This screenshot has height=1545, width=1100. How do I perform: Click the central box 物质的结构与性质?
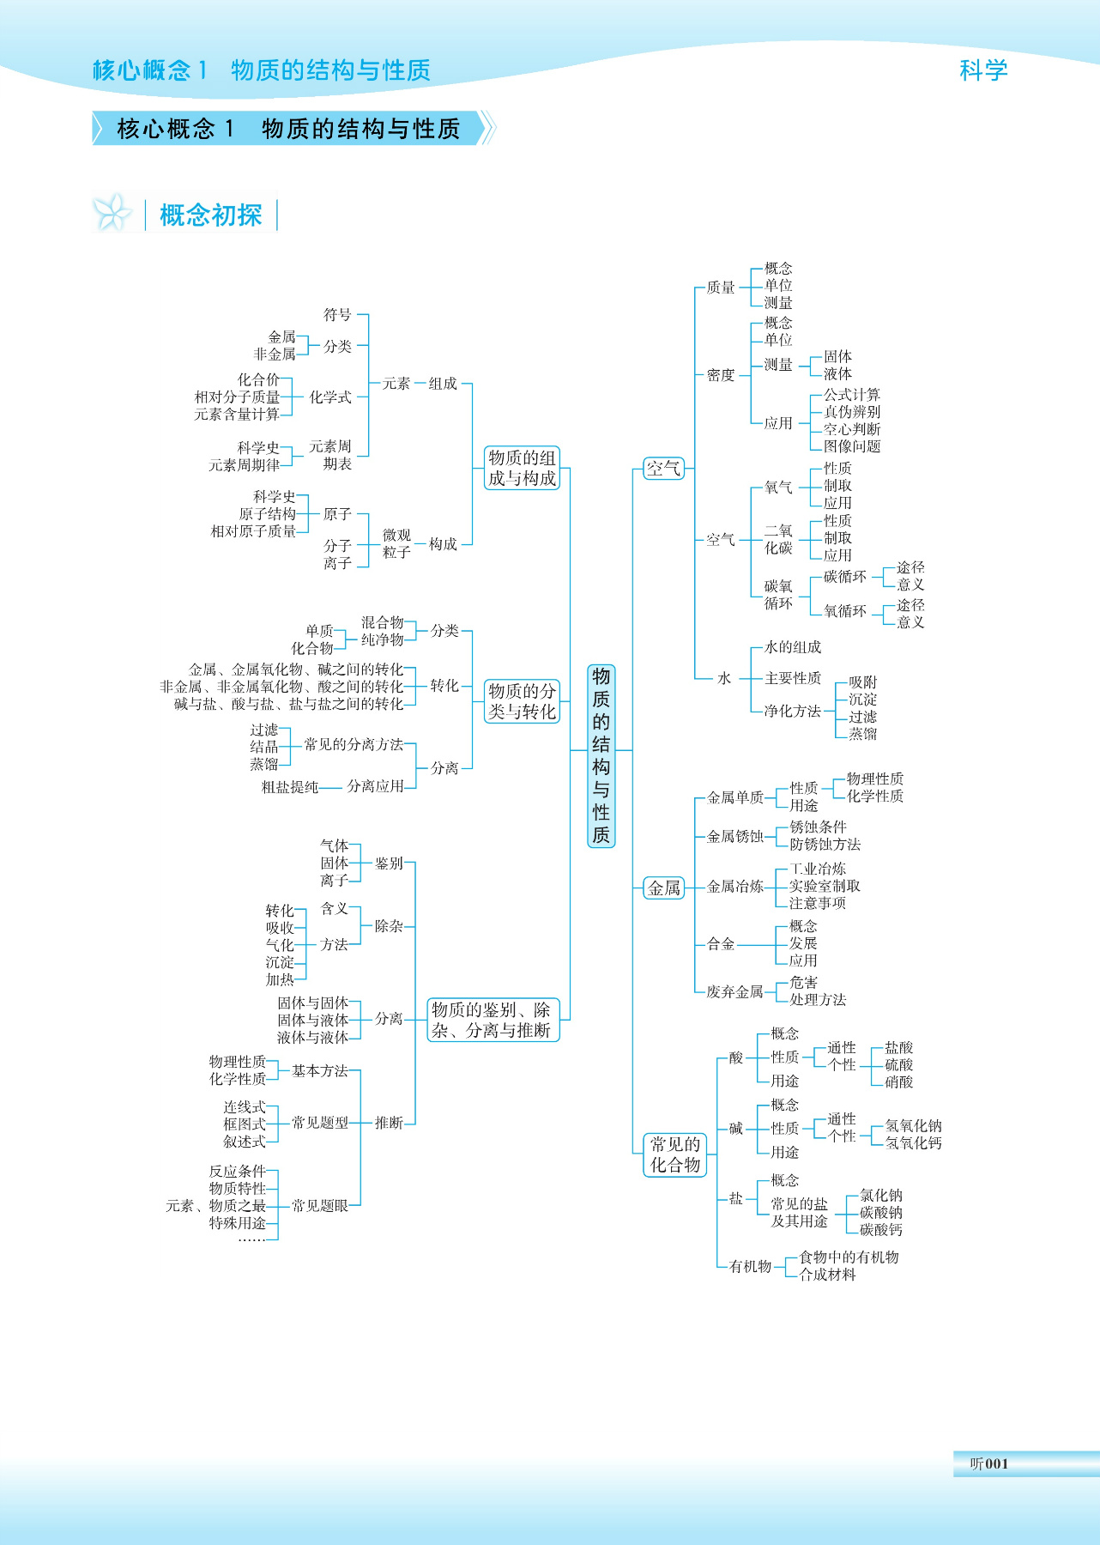tap(601, 755)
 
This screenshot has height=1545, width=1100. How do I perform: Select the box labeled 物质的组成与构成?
tap(522, 468)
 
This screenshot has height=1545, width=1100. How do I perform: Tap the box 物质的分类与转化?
tap(522, 701)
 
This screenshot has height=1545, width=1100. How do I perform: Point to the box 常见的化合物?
tap(675, 1154)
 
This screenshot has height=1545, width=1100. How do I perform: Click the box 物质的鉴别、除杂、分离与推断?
tap(493, 1020)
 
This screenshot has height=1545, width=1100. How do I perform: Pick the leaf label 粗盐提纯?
tap(290, 787)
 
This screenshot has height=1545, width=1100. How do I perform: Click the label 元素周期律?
tap(245, 465)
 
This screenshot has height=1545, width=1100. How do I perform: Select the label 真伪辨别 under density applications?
tap(851, 412)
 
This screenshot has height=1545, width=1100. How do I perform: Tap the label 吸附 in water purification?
tap(862, 682)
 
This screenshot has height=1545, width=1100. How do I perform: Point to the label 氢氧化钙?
tap(913, 1143)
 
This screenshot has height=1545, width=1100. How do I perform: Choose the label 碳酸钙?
tap(880, 1230)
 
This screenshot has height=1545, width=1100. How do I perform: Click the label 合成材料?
tap(827, 1275)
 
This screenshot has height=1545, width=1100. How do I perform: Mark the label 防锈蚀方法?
tap(825, 845)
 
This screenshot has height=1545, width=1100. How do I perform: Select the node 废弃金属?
tap(734, 991)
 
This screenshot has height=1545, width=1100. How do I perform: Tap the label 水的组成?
tap(792, 647)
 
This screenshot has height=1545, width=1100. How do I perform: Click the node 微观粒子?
tap(396, 543)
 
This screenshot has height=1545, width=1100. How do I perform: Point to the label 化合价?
tap(258, 379)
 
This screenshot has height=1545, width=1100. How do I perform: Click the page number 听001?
tap(988, 1463)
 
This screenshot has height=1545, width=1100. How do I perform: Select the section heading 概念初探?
tap(210, 215)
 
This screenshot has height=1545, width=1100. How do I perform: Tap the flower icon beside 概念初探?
tap(112, 213)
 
